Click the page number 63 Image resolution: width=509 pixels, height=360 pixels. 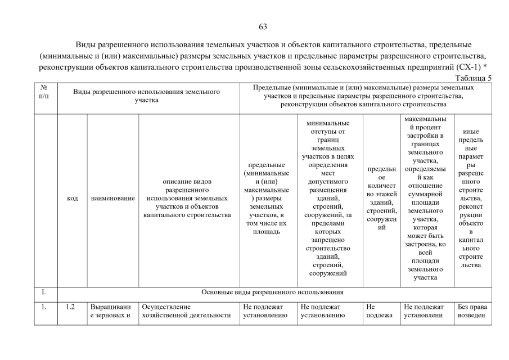coord(263,26)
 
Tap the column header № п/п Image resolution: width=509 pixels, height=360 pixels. coord(44,91)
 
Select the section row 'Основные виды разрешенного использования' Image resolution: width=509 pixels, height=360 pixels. coord(272,292)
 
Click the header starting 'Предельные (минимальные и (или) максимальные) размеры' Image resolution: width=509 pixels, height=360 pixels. coord(364,96)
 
